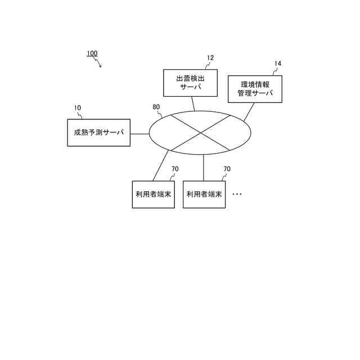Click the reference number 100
coord(92,54)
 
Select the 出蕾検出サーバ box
coord(190,83)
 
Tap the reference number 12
coord(210,58)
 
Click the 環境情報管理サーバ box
coord(255,89)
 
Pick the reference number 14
coord(278,64)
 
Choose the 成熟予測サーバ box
coord(98,133)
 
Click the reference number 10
coord(77,107)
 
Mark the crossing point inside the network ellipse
coord(200,132)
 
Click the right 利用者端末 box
coord(204,194)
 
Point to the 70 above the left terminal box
coord(175,169)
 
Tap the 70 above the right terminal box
coord(227,169)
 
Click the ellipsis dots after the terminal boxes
coord(237,194)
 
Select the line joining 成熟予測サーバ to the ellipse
coord(139,133)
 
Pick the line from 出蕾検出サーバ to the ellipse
coord(192,103)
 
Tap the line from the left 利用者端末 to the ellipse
coord(161,166)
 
